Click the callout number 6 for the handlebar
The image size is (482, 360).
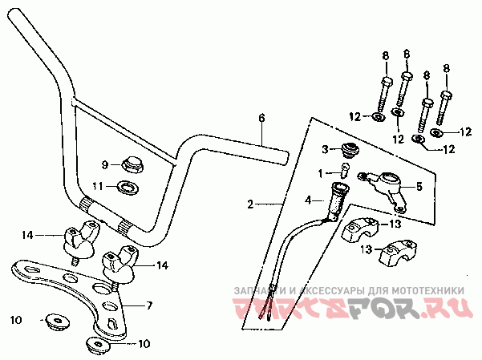pos(261,119)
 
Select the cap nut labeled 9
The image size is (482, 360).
pos(132,164)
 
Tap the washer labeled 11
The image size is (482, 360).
pos(128,187)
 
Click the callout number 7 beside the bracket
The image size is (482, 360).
pos(149,305)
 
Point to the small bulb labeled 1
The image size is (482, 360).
pos(345,170)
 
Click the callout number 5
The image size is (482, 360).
pos(419,186)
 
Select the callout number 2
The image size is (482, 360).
pos(251,204)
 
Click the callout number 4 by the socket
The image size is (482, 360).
pos(308,200)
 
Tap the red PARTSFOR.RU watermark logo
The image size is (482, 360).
pos(352,308)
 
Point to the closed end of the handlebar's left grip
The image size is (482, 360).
pos(13,14)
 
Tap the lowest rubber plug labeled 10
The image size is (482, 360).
pos(98,344)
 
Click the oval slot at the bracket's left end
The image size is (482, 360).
pos(31,269)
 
